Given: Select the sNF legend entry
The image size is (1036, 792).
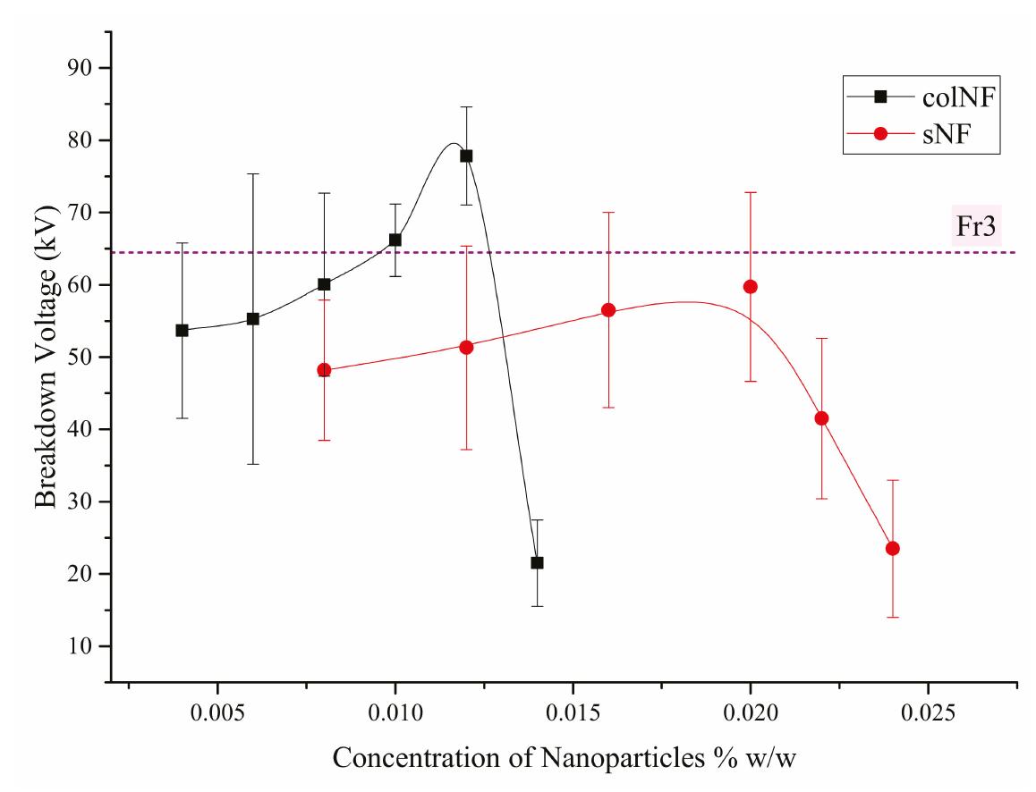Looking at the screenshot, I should click(x=930, y=133).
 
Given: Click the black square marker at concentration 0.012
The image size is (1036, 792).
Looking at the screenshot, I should click(x=466, y=156).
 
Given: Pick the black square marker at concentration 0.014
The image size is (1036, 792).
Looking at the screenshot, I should click(x=537, y=563).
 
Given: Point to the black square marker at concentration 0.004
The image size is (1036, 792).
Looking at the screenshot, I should click(x=182, y=330).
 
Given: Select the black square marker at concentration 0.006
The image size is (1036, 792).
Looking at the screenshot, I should click(x=253, y=318).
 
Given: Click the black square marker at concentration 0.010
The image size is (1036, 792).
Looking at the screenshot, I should click(x=395, y=240).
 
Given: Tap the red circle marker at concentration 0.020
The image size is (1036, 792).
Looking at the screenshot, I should click(x=751, y=286).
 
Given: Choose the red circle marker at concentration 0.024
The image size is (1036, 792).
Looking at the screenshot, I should click(x=892, y=548).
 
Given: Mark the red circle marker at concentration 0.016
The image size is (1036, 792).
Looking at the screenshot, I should click(x=608, y=310).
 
